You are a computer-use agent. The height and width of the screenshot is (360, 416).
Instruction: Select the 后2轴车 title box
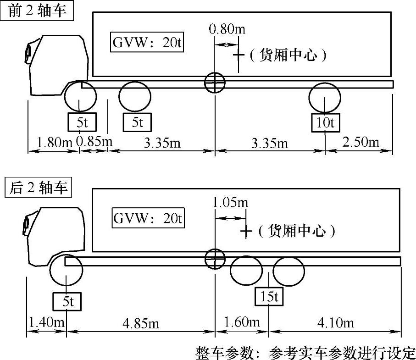tap(38, 188)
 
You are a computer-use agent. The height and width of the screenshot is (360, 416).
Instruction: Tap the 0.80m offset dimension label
tap(227, 30)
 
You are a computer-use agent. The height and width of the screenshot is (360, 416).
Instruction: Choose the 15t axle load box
tap(269, 297)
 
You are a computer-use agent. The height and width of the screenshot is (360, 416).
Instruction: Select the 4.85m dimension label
tap(141, 323)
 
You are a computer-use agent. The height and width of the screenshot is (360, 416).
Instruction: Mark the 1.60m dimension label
tap(241, 323)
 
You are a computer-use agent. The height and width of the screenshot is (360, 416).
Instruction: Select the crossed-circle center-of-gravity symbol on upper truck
tap(214, 83)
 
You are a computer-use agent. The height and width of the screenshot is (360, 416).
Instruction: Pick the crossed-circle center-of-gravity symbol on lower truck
tap(214, 258)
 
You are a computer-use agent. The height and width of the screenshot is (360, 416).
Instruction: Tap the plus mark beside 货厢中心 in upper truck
tap(239, 55)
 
